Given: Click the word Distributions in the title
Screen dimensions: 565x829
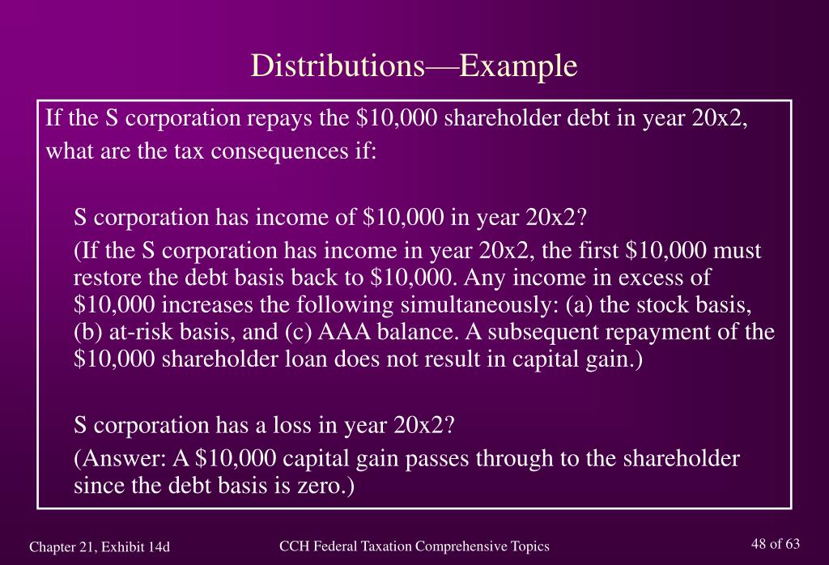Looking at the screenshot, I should click(338, 66).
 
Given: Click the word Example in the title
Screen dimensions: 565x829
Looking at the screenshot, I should click(519, 66).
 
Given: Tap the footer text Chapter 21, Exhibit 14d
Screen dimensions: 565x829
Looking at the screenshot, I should click(100, 547).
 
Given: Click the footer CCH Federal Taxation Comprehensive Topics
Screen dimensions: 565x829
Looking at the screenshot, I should click(414, 546).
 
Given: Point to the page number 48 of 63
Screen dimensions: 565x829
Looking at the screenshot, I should click(776, 544).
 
